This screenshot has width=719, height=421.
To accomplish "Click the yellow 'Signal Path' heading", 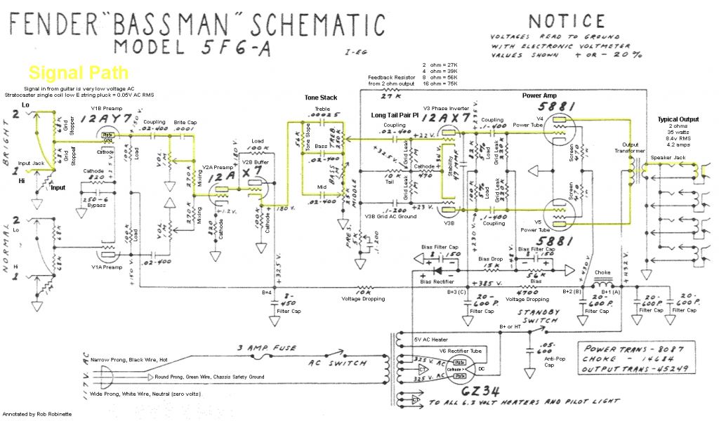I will [78, 72].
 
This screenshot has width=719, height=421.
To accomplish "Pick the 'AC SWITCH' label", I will [338, 363].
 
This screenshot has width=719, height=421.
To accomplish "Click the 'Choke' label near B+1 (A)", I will [603, 272].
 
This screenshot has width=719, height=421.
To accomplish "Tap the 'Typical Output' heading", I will [678, 119].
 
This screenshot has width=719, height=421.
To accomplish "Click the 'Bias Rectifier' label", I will [435, 281].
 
